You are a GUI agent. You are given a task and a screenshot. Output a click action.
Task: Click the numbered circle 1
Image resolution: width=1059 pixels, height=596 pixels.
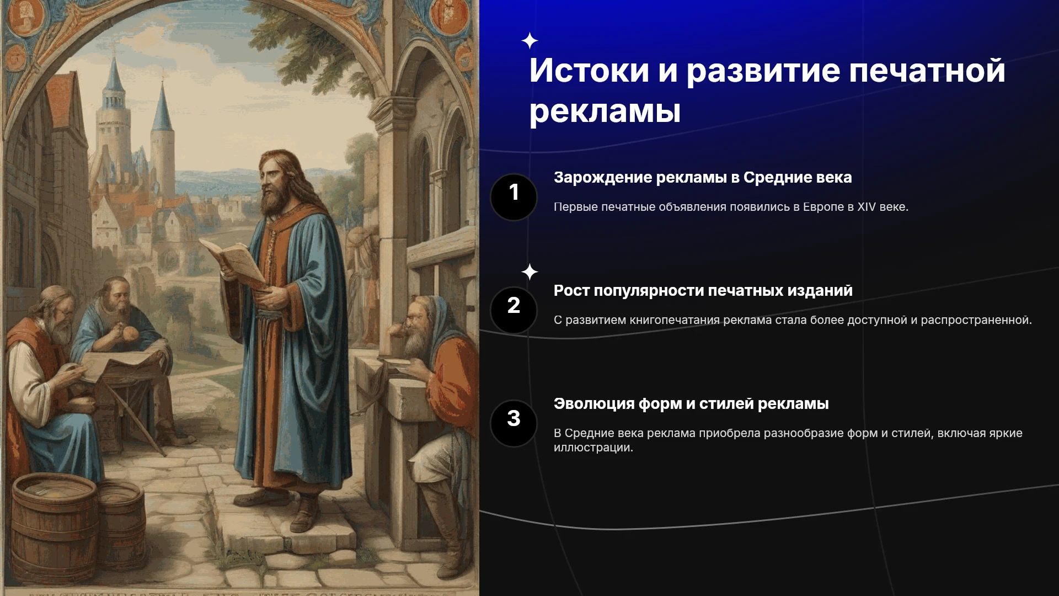tap(514, 197)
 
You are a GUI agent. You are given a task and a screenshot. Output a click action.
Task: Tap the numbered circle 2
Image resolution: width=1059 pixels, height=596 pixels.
tap(514, 310)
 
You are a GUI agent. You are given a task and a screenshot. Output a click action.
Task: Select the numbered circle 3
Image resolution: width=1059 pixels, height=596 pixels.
tap(514, 423)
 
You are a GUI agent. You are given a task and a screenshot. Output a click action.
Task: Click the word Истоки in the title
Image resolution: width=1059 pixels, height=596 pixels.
tap(589, 71)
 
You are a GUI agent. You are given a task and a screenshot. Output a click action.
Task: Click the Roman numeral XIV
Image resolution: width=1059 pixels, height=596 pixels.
tap(867, 207)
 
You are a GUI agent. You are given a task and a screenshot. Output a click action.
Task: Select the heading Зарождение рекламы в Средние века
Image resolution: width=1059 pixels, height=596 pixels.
tap(703, 178)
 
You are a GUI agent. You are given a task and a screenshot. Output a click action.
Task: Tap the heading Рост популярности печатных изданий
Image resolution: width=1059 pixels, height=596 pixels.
tap(703, 291)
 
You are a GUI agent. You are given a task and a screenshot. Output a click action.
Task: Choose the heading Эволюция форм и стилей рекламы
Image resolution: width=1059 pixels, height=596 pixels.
tap(691, 404)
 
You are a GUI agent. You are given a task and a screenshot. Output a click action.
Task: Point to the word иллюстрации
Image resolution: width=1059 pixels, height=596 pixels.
tap(593, 448)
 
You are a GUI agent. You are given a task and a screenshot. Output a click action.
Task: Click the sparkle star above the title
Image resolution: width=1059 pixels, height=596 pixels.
tap(529, 41)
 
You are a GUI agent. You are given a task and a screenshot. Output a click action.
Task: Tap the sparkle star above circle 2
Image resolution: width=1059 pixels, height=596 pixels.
tap(529, 272)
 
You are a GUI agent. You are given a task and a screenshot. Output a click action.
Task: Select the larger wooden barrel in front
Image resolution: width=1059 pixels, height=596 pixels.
tap(55, 527)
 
